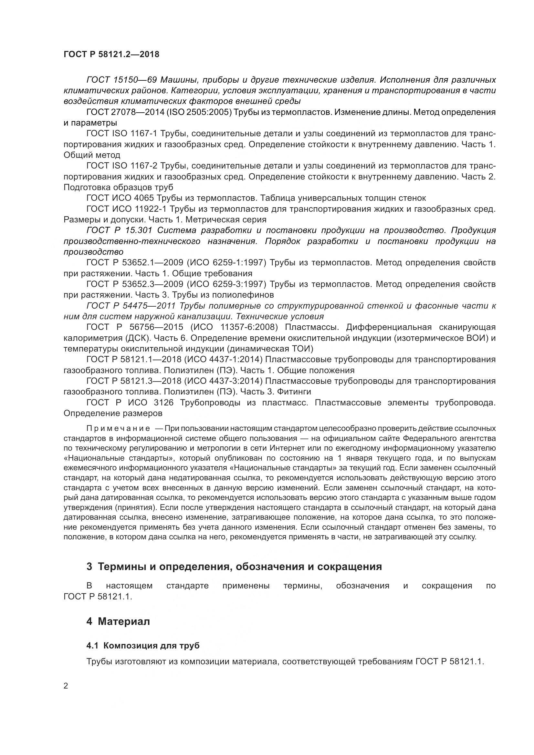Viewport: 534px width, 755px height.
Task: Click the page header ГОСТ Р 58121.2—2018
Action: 111,55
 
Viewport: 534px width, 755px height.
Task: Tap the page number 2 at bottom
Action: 66,686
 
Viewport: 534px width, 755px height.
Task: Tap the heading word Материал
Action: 124,621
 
